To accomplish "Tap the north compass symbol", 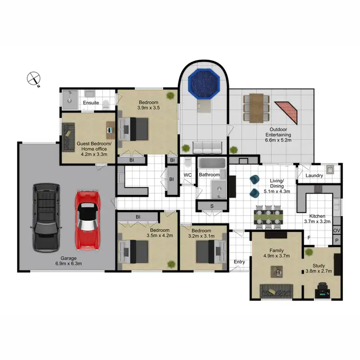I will pyautogui.click(x=34, y=78).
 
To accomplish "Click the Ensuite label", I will pyautogui.click(x=91, y=103).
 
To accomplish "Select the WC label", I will pyautogui.click(x=188, y=175).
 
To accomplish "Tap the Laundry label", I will pyautogui.click(x=314, y=176).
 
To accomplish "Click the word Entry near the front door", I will pyautogui.click(x=239, y=262).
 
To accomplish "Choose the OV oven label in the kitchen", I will pyautogui.click(x=336, y=231).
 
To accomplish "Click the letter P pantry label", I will pyautogui.click(x=336, y=240).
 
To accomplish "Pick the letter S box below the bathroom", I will pyautogui.click(x=212, y=206).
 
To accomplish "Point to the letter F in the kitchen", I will pyautogui.click(x=309, y=238).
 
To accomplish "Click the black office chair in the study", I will pyautogui.click(x=322, y=289).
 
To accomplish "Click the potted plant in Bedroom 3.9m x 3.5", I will pyautogui.click(x=170, y=96).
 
